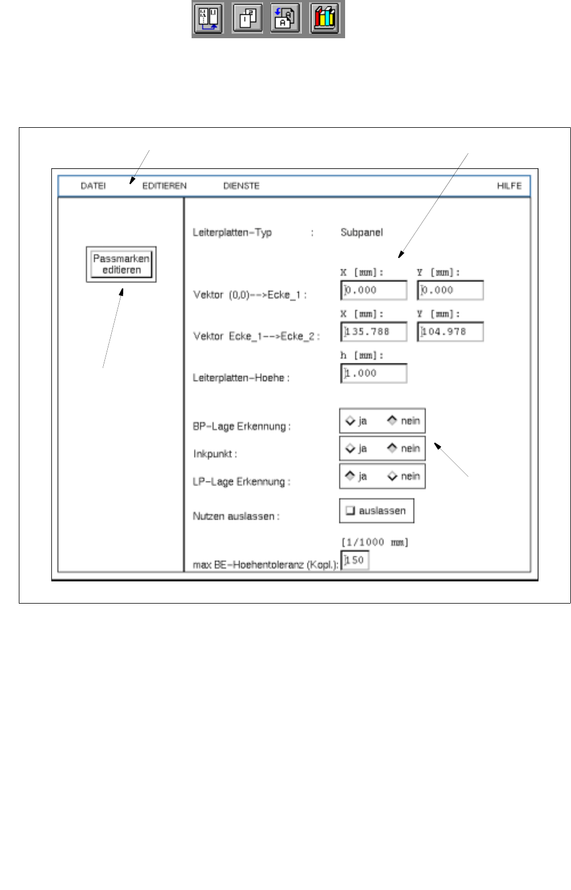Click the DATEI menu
(x=93, y=186)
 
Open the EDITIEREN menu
(x=164, y=186)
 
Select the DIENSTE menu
(x=241, y=186)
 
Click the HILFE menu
(x=509, y=186)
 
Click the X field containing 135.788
(x=374, y=331)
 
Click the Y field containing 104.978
(x=450, y=331)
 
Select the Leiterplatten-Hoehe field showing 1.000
(x=374, y=373)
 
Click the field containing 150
(x=355, y=560)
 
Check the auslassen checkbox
(x=350, y=511)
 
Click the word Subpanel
(x=362, y=233)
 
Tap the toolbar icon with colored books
(x=325, y=19)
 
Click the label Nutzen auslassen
(x=236, y=516)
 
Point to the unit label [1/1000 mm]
(x=374, y=543)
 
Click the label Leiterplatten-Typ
(x=232, y=233)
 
